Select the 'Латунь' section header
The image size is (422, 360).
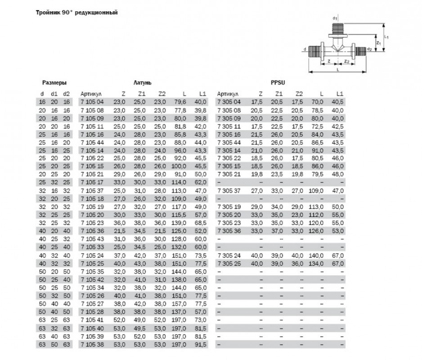tap(142, 83)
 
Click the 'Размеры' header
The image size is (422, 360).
tap(54, 83)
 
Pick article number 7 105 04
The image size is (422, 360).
tap(92, 103)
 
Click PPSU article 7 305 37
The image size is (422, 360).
tap(229, 190)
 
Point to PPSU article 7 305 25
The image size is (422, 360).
tap(229, 263)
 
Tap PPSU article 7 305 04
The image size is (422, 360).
tap(229, 103)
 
